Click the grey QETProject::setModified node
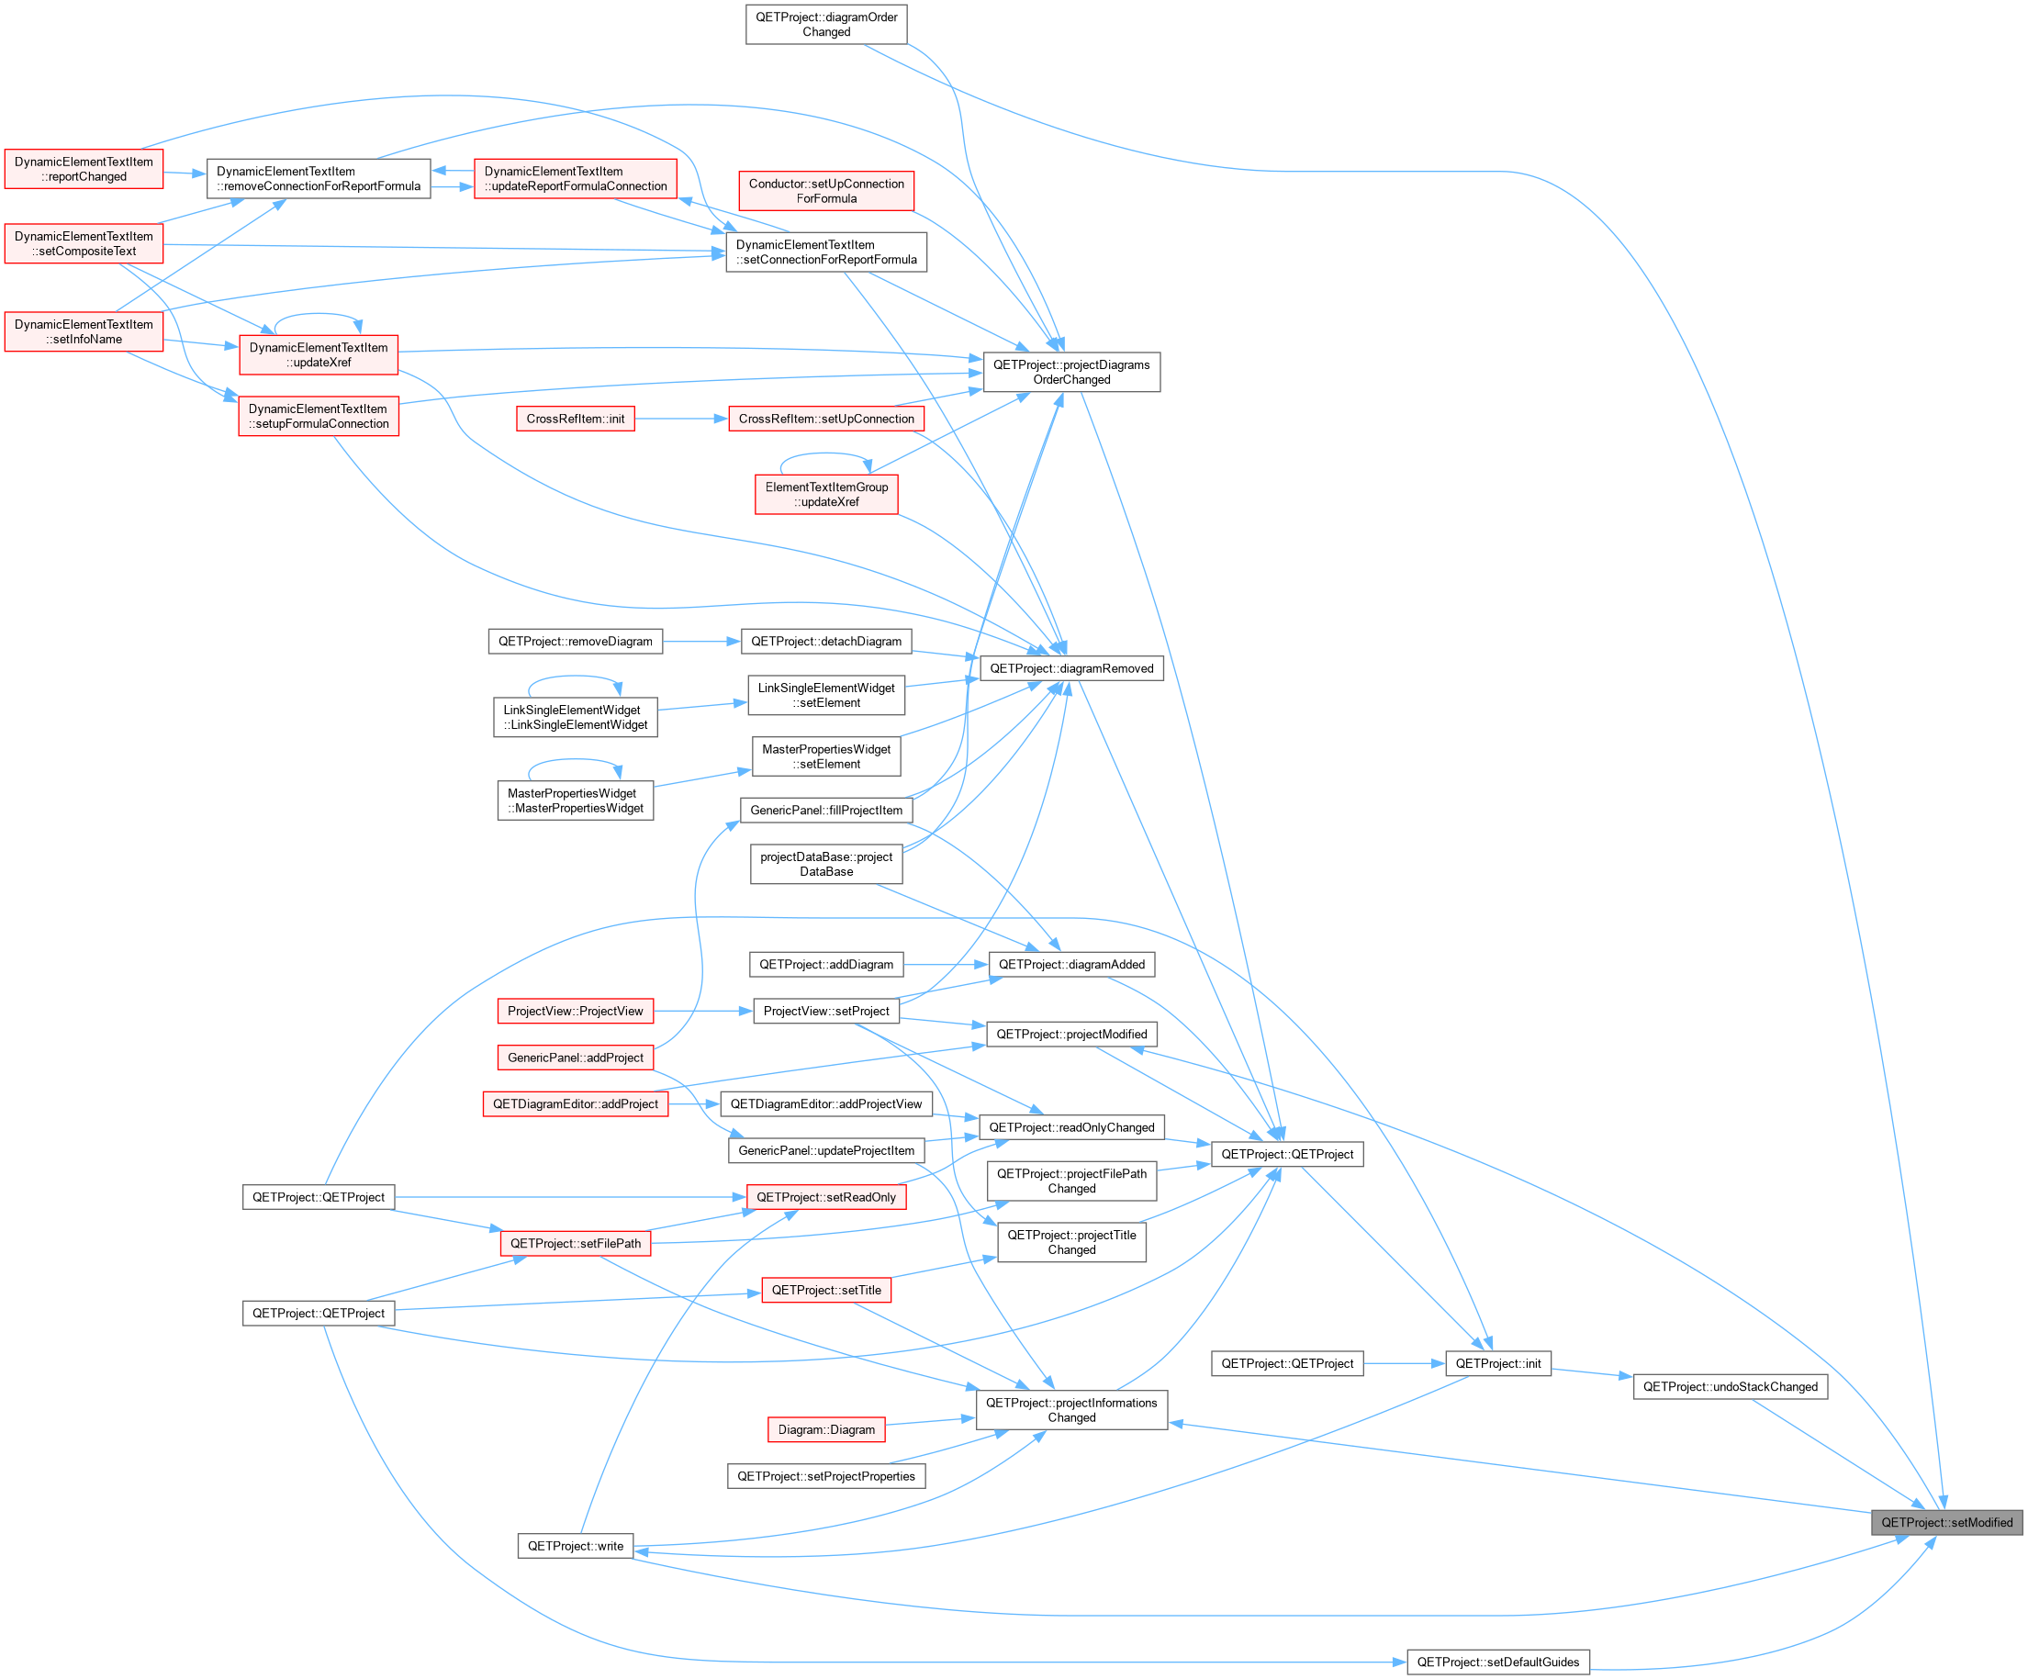point(1946,1523)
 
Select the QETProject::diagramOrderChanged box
point(826,24)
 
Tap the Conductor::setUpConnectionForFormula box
point(826,191)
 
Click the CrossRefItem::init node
point(576,419)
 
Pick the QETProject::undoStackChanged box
point(1731,1386)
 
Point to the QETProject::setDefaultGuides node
point(1498,1662)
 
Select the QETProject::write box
point(576,1546)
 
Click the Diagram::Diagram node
point(826,1430)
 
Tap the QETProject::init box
point(1498,1363)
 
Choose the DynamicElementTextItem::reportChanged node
point(84,169)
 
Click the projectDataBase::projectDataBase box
point(826,864)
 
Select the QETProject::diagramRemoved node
point(1072,668)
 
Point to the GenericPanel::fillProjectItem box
point(826,810)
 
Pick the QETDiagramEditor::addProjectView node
point(826,1103)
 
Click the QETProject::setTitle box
point(826,1290)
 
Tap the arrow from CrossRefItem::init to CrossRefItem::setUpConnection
point(682,419)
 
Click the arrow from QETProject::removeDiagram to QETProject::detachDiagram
point(702,641)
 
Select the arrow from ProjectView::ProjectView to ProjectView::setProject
point(703,1011)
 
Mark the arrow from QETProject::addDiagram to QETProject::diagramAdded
point(947,964)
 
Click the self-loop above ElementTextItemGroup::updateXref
point(825,453)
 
